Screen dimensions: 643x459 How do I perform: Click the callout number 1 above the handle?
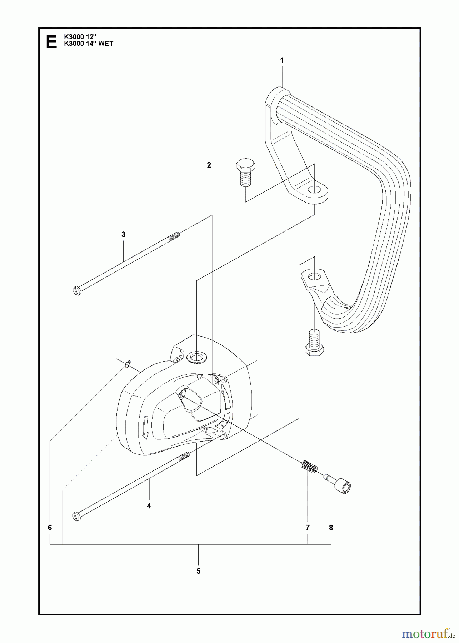point(282,60)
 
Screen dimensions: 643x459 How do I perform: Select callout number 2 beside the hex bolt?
point(209,165)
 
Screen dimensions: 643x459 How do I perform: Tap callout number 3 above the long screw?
point(123,235)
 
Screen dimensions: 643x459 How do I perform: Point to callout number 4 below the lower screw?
point(149,505)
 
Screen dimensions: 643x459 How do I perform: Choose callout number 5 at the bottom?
point(198,571)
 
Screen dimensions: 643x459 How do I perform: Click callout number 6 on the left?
point(50,527)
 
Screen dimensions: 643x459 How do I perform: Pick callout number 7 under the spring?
point(308,527)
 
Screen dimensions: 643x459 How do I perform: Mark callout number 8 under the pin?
point(331,527)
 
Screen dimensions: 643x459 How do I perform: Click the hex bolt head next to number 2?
point(245,165)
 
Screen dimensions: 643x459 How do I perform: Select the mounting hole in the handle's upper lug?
point(314,189)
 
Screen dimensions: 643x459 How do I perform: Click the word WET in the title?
point(106,44)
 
